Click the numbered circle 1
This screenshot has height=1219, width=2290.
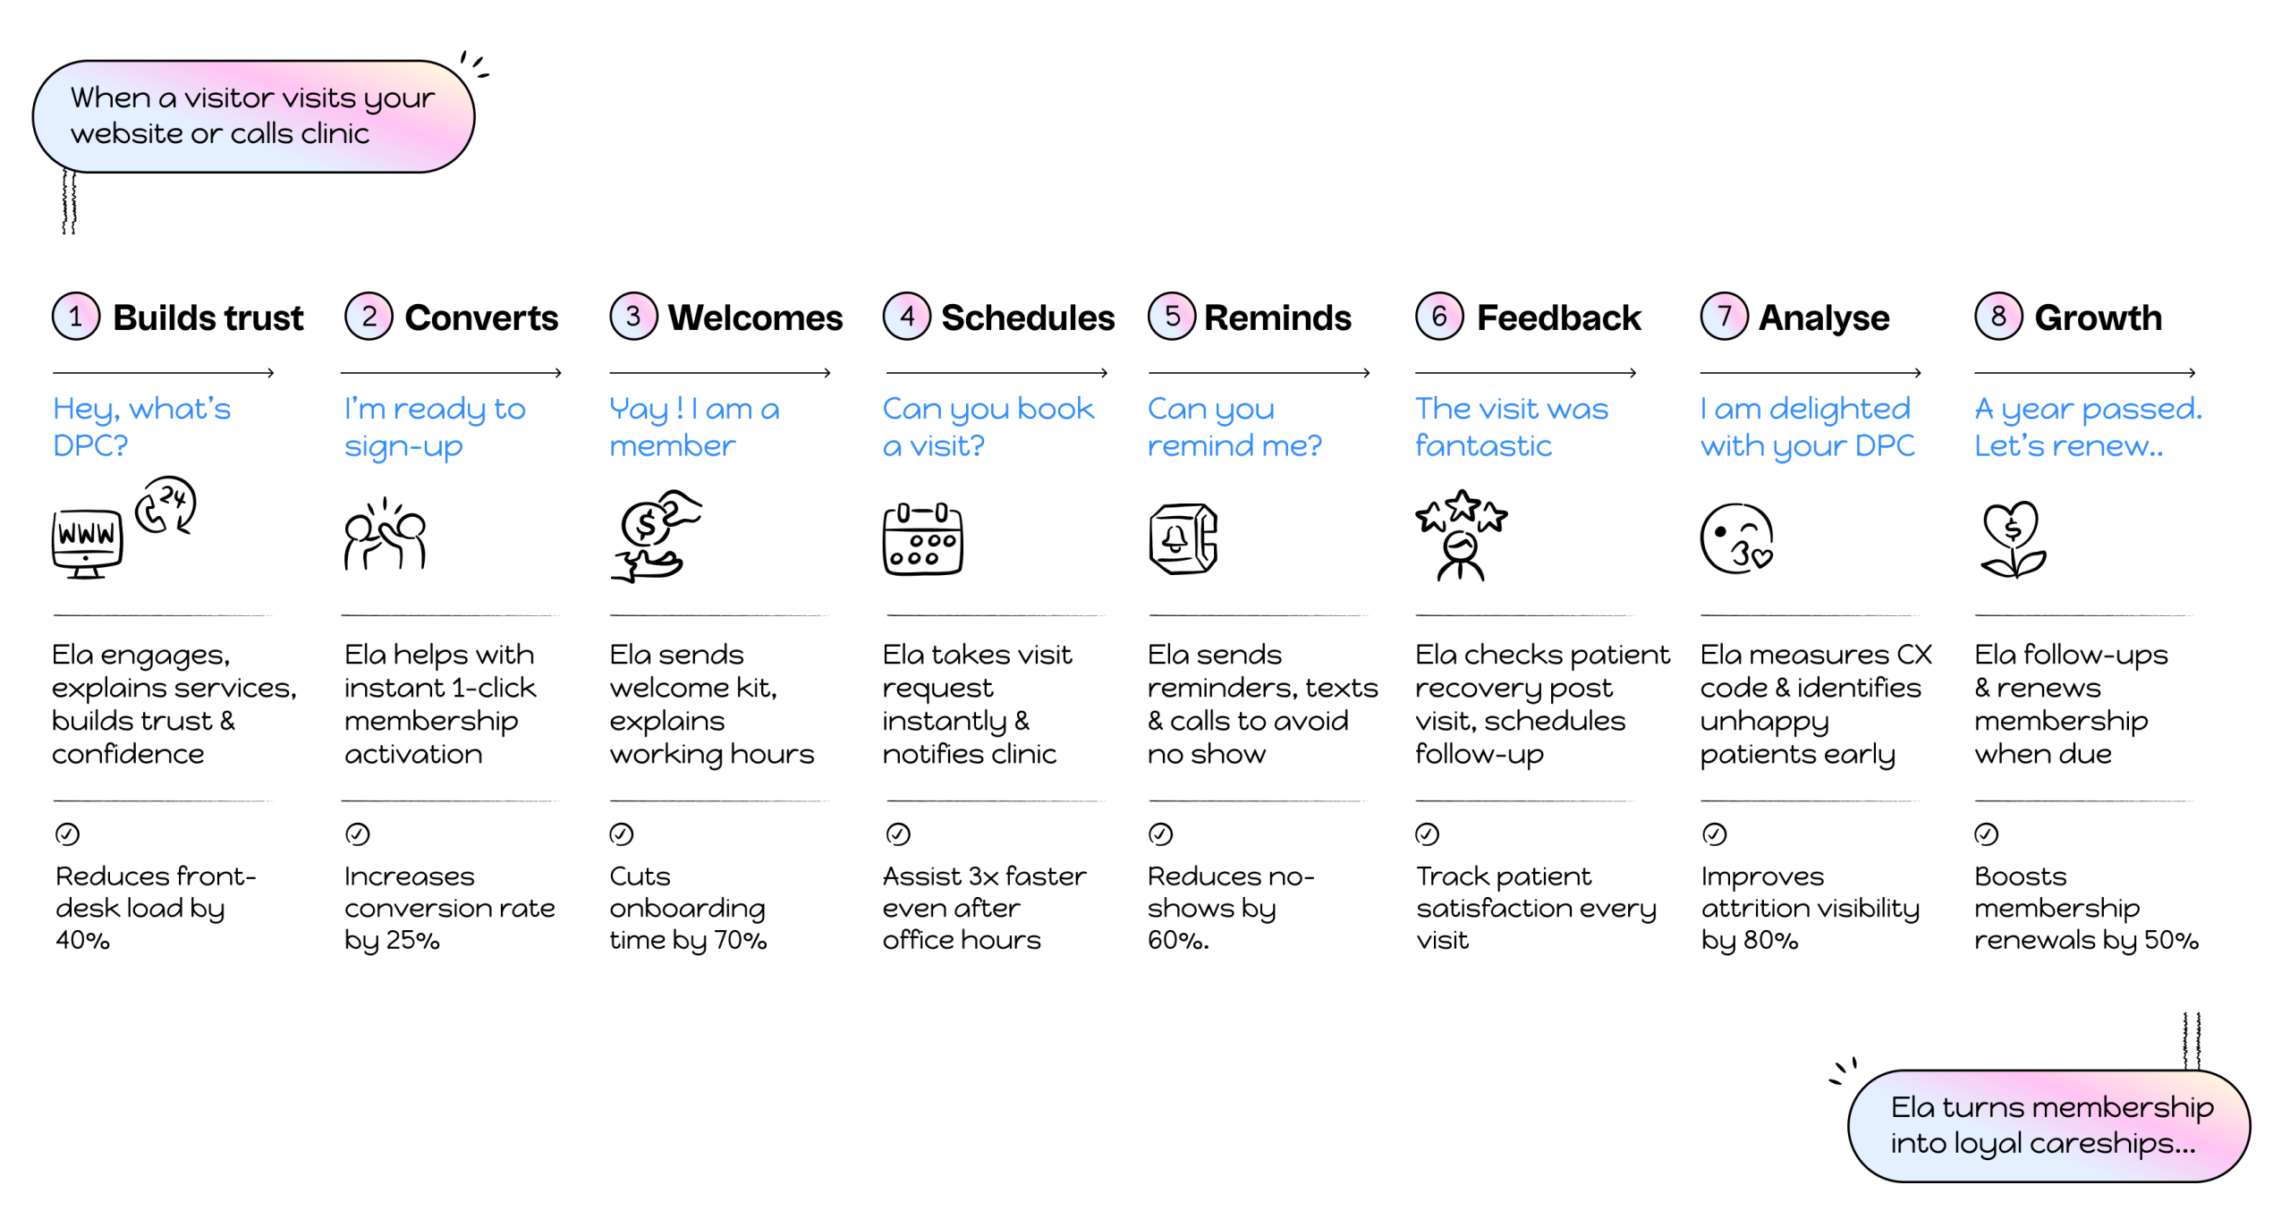pyautogui.click(x=76, y=316)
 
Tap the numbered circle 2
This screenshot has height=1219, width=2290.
pyautogui.click(x=369, y=316)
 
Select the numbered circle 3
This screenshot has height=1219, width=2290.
pyautogui.click(x=633, y=316)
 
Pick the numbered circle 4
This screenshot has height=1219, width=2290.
pyautogui.click(x=907, y=316)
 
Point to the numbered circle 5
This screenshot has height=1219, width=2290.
pyautogui.click(x=1172, y=316)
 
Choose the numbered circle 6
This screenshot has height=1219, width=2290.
pyautogui.click(x=1439, y=316)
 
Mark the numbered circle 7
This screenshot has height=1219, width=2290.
pyautogui.click(x=1725, y=316)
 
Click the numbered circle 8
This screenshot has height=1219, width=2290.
pyautogui.click(x=1998, y=316)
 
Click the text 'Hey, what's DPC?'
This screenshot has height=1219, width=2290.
pyautogui.click(x=141, y=427)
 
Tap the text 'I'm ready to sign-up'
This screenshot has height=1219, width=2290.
pyautogui.click(x=435, y=427)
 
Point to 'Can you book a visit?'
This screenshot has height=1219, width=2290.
pyautogui.click(x=988, y=427)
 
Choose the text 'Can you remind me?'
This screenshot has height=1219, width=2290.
pyautogui.click(x=1234, y=427)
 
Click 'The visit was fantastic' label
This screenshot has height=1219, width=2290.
pyautogui.click(x=1512, y=427)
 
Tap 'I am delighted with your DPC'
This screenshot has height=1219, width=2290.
pyautogui.click(x=1807, y=427)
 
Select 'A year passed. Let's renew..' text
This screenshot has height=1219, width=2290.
pyautogui.click(x=2088, y=427)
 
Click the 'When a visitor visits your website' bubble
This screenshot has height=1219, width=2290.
pyautogui.click(x=253, y=116)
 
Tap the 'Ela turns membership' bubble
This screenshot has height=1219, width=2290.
pyautogui.click(x=2048, y=1125)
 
